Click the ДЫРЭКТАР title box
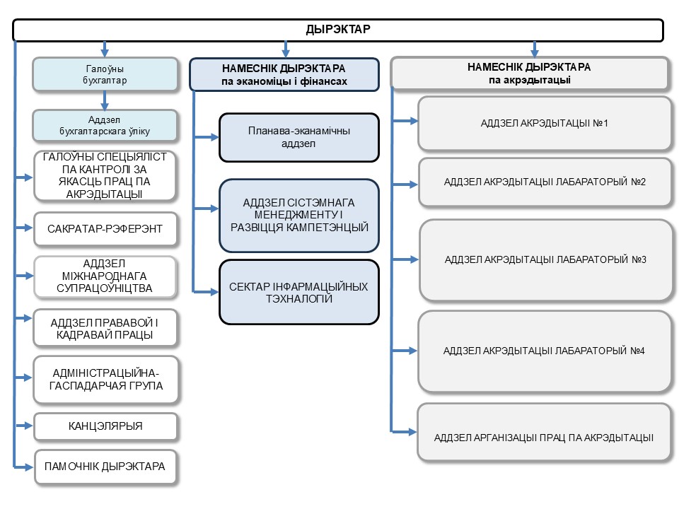pos(338,30)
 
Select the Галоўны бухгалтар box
pos(105,74)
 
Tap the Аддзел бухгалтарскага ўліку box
pos(105,126)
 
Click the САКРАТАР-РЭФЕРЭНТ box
pos(105,229)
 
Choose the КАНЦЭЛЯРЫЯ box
pos(105,426)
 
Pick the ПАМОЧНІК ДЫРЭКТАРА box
pos(105,467)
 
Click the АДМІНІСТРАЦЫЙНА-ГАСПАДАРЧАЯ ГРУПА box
pos(105,380)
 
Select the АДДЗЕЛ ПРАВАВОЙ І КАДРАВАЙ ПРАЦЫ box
pos(105,329)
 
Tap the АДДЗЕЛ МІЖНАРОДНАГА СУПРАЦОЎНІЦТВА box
pos(105,276)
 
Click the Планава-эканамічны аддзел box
pos(298,138)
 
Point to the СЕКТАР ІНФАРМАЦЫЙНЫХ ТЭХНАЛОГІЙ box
pos(298,292)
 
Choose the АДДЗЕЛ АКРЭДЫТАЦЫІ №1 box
pos(545,123)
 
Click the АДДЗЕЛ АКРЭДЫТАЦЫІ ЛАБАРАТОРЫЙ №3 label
pos(545,259)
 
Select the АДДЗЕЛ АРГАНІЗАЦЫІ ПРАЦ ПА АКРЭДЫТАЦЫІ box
pos(544,433)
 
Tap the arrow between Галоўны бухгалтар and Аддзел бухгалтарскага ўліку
pos(105,101)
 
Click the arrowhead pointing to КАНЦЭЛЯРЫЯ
pos(28,426)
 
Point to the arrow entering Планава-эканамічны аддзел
pos(206,137)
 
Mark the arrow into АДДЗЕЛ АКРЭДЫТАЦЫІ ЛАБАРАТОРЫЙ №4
pos(405,351)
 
